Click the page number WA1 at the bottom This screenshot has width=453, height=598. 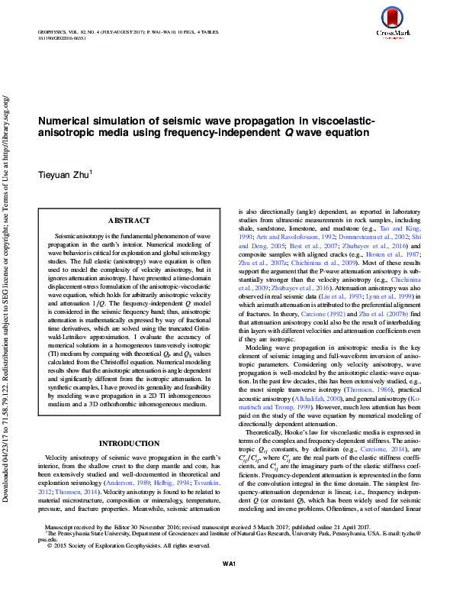pyautogui.click(x=227, y=584)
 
